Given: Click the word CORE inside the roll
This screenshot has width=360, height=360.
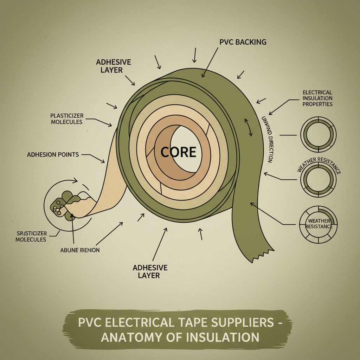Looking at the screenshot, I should click(x=178, y=152).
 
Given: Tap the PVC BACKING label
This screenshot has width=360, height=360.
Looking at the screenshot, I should click(x=243, y=42).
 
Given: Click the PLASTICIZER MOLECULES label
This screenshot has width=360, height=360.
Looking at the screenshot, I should click(x=66, y=118).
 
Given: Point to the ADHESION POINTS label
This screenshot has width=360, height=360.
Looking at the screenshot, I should click(x=53, y=154).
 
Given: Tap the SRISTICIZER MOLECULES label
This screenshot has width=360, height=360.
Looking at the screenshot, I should click(x=32, y=236).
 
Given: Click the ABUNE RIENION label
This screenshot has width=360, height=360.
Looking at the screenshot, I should click(x=80, y=250).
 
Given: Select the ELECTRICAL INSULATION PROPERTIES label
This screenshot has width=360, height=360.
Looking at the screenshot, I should click(x=317, y=98).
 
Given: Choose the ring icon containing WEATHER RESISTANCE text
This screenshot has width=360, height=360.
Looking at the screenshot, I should click(x=318, y=224).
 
